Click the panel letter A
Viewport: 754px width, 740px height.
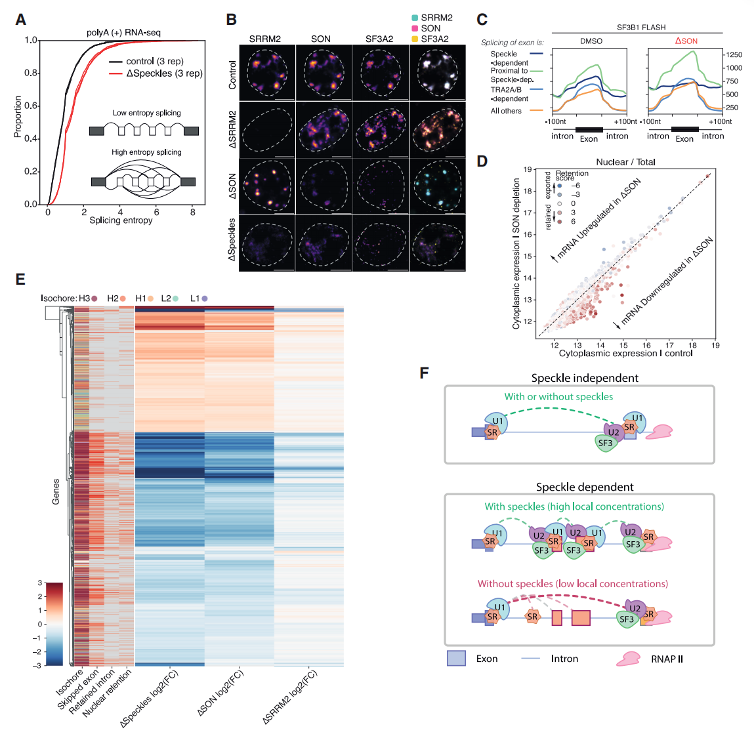pos(21,20)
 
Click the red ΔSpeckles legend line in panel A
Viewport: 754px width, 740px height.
pos(115,73)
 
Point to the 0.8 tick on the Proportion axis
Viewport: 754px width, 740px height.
pos(31,73)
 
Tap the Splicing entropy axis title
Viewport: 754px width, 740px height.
pos(121,220)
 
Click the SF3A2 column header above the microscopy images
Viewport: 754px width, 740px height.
pos(379,39)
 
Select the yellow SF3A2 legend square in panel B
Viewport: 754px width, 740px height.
pos(415,39)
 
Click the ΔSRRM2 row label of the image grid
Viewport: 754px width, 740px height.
pos(232,129)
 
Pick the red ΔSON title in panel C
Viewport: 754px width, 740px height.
pos(686,41)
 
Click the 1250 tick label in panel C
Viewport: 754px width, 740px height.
pos(734,55)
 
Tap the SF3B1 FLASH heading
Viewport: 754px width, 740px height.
pos(642,28)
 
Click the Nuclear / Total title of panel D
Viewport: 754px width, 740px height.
pos(625,162)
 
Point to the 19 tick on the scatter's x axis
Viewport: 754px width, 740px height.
pos(715,345)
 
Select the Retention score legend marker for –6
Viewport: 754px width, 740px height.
pos(560,186)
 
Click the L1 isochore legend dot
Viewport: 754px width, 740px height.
pos(204,298)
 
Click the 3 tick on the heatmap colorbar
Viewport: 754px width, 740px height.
pos(40,583)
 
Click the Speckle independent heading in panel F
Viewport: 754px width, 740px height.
pos(585,378)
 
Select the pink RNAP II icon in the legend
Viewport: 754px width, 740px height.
pos(629,659)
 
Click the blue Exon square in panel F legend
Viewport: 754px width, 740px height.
pos(456,658)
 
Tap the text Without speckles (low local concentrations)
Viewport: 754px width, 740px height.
pos(573,584)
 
